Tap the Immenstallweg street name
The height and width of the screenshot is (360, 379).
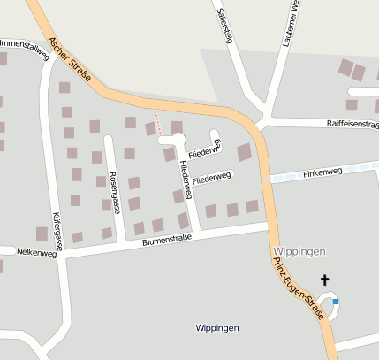click(x=23, y=46)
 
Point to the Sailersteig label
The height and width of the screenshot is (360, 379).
click(x=224, y=24)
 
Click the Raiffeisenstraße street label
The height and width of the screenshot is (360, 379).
click(x=352, y=125)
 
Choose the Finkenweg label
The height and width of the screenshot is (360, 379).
click(x=322, y=172)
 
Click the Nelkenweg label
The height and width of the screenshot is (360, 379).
click(x=36, y=252)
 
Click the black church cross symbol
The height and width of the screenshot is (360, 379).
click(x=324, y=280)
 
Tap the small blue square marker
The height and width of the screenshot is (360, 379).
click(x=336, y=302)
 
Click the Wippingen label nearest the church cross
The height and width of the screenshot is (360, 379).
click(x=295, y=250)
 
